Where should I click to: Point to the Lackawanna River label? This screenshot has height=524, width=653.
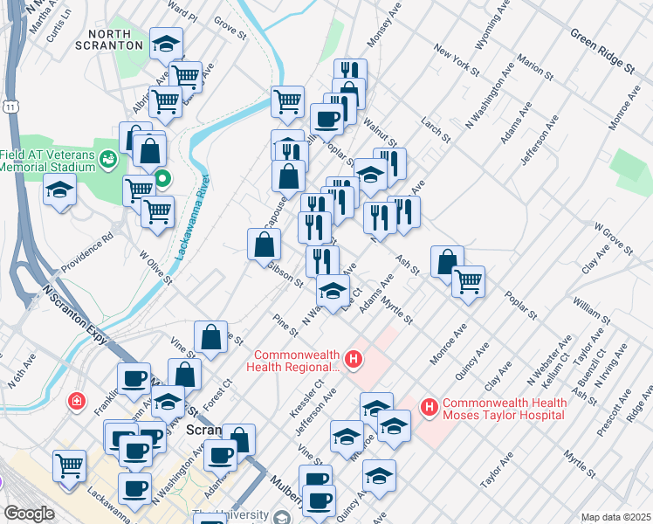[191, 218]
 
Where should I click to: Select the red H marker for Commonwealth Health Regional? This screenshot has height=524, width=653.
[354, 359]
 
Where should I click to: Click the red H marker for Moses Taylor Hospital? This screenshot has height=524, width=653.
[430, 407]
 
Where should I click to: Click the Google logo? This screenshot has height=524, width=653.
[29, 514]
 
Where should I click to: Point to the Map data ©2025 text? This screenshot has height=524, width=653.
[615, 517]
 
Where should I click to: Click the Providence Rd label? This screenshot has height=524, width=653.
[87, 250]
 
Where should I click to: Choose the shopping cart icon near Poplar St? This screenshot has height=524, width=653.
[469, 281]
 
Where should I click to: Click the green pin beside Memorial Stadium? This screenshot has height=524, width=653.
[162, 182]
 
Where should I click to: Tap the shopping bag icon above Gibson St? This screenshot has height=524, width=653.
[264, 245]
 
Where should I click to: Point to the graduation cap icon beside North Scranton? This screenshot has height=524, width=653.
[166, 44]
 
